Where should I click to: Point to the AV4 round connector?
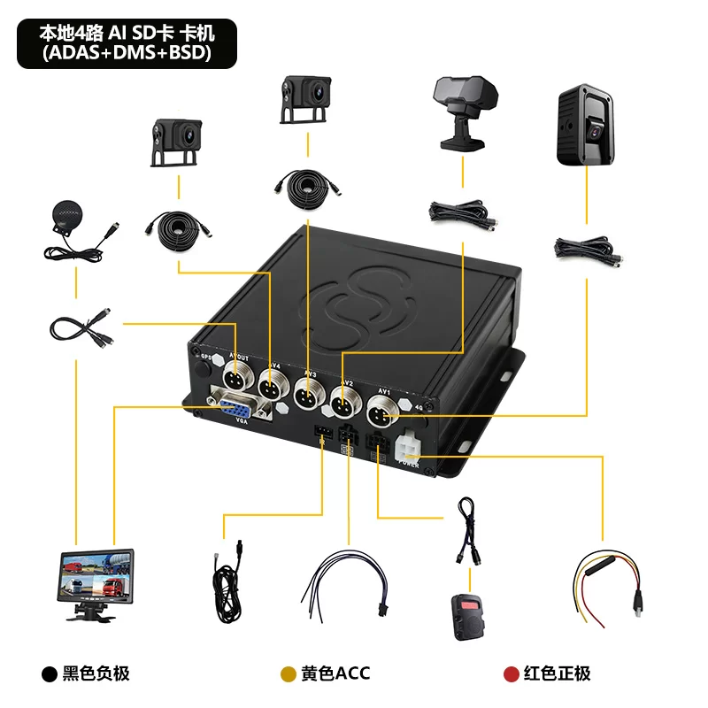(271, 387)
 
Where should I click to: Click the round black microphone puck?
(64, 215)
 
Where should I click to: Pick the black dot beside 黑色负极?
(49, 673)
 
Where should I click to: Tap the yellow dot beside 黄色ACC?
(288, 673)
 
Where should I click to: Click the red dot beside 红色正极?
(511, 673)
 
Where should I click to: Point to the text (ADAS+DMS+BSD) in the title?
(126, 54)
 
